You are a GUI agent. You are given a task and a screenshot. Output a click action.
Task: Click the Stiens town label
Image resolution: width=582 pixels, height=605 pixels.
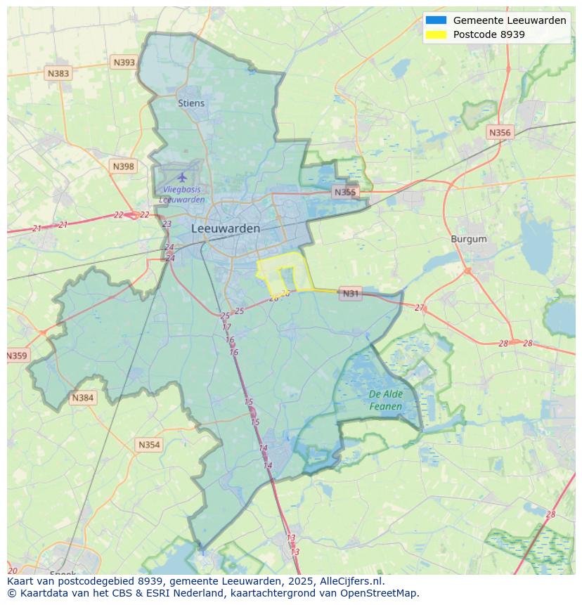click(x=191, y=103)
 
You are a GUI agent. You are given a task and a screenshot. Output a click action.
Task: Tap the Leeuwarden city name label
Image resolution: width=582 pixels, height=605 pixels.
click(x=225, y=228)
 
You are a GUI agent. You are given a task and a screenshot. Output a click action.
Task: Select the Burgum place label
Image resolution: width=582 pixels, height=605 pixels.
click(x=468, y=239)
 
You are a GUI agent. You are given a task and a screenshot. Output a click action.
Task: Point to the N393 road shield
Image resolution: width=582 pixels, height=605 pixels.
click(x=124, y=63)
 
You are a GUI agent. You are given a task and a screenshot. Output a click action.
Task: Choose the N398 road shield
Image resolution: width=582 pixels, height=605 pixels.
click(x=123, y=167)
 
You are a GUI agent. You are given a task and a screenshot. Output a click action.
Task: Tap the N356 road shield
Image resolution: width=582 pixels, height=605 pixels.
click(x=500, y=133)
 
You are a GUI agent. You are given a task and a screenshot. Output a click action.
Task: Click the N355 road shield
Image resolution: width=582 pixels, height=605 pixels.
click(x=345, y=192)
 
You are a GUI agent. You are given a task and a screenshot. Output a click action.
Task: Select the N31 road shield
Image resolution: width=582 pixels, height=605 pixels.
click(x=350, y=294)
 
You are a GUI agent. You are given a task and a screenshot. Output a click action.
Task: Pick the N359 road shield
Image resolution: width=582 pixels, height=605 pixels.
click(x=17, y=356)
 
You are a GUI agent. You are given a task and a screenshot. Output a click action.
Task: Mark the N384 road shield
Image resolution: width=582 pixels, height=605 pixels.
click(x=82, y=398)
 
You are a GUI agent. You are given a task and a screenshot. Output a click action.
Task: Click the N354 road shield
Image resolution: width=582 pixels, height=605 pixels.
click(x=149, y=445)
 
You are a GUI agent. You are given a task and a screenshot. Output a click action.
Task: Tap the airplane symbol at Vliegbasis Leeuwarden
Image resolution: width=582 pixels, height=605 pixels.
click(x=183, y=176)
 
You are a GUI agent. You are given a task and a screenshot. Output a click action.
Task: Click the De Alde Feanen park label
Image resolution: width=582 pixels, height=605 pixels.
click(x=386, y=401)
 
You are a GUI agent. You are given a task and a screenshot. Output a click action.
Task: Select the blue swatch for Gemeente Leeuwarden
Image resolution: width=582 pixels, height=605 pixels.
click(x=436, y=20)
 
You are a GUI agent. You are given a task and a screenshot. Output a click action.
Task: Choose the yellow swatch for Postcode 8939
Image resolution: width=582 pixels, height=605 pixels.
click(x=436, y=34)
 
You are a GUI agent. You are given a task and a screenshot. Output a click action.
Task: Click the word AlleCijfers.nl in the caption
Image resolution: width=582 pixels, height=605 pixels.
click(x=352, y=581)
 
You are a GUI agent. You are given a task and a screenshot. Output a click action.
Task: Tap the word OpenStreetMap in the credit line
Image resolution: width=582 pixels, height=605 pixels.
click(x=380, y=593)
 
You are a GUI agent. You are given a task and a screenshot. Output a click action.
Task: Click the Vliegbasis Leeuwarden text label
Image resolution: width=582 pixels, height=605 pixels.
click(x=182, y=195)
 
